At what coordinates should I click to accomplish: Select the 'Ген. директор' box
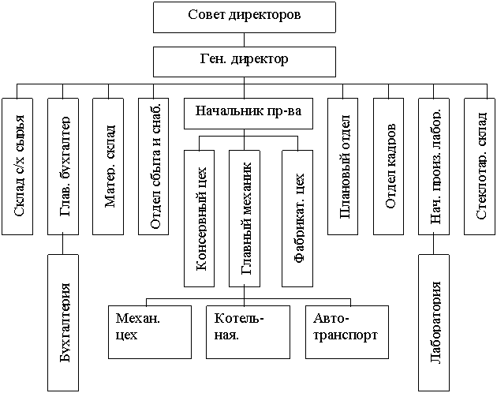pos(245,61)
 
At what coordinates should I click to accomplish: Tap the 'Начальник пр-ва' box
pos(249,113)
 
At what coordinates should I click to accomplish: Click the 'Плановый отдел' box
pos(345,166)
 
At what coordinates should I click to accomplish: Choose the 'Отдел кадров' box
pos(390,166)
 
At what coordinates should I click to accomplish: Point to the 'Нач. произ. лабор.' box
pos(435,166)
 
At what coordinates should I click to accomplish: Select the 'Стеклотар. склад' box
pos(481,166)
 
